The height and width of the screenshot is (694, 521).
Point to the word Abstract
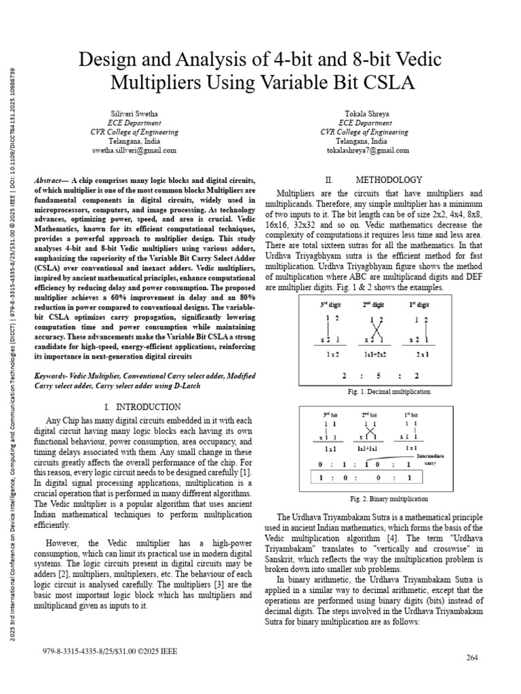coord(48,181)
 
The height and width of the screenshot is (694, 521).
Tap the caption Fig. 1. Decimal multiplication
coord(388,392)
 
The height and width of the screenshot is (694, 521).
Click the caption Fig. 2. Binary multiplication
coord(388,498)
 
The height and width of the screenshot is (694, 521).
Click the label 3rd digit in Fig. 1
coord(332,304)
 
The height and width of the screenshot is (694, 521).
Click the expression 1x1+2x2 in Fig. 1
coord(375,354)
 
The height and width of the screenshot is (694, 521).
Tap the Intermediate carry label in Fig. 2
coord(430,460)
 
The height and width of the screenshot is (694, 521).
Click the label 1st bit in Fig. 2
coord(411,413)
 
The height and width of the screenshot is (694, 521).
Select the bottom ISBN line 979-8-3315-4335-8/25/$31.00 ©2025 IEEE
coord(109,651)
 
